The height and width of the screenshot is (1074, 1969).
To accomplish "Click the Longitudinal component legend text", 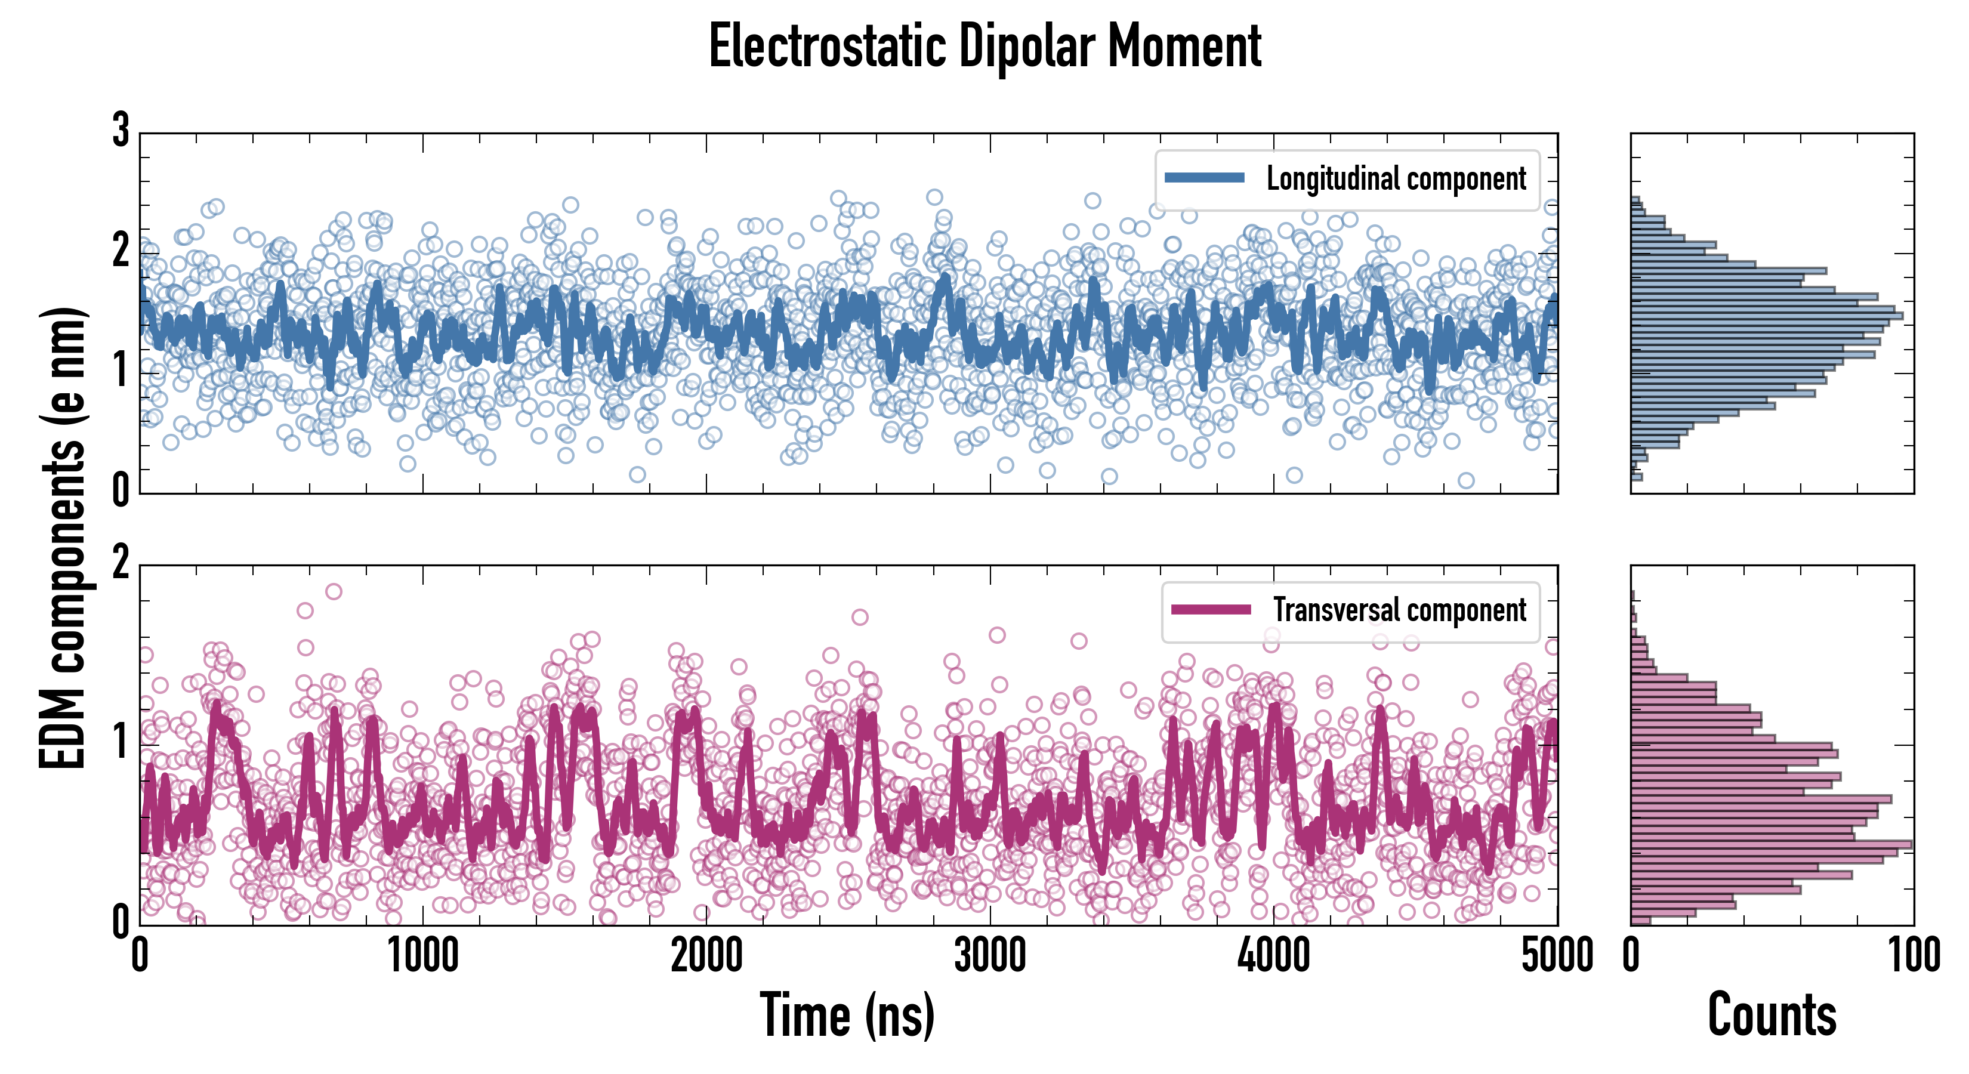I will tap(1396, 179).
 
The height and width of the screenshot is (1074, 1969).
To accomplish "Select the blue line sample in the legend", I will tap(1205, 178).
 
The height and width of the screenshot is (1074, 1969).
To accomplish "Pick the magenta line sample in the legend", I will tap(1211, 609).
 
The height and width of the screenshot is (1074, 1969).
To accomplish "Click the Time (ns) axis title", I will tap(847, 1015).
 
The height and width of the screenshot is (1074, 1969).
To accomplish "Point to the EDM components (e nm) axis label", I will tap(63, 538).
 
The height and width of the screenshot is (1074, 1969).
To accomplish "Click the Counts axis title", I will tap(1772, 1015).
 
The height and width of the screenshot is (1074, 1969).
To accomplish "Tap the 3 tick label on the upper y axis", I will tap(121, 131).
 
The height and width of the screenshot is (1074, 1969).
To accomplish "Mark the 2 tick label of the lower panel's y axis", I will tap(121, 564).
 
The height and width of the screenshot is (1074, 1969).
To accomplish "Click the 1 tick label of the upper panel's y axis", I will tap(121, 372).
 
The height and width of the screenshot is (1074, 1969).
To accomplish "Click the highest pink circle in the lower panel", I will tap(334, 591).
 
